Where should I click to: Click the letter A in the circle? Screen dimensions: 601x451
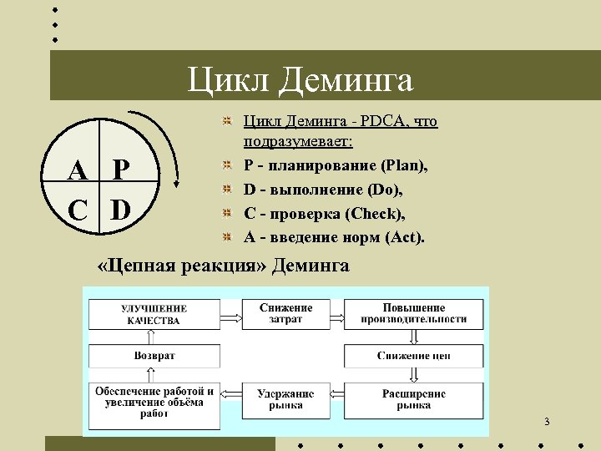(x=78, y=172)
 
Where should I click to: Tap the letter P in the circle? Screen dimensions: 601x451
(x=121, y=172)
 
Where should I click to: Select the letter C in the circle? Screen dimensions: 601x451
(x=78, y=207)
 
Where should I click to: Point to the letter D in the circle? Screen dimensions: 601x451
(x=121, y=207)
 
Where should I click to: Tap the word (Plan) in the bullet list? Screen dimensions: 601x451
(x=405, y=166)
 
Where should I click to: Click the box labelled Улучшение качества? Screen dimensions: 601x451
(x=154, y=313)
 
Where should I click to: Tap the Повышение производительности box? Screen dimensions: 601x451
(x=413, y=313)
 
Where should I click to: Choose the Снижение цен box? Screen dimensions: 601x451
(x=413, y=356)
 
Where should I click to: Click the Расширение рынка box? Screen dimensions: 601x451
(x=413, y=399)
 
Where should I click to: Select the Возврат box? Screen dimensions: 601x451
(x=154, y=356)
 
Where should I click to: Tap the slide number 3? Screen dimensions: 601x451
(x=547, y=422)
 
